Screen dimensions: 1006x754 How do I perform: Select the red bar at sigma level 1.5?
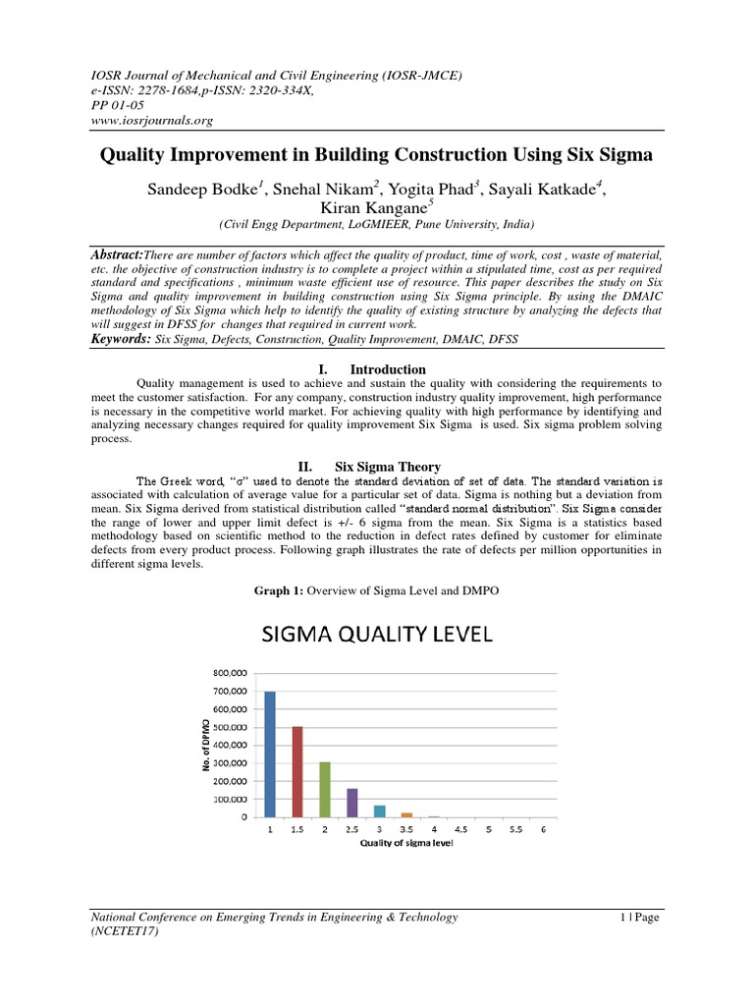click(x=297, y=771)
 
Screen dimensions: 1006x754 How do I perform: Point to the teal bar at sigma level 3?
click(x=380, y=810)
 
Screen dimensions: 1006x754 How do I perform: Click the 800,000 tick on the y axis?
click(x=228, y=673)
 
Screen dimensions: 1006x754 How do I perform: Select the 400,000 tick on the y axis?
click(x=228, y=746)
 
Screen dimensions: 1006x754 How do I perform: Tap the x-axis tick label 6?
click(x=543, y=830)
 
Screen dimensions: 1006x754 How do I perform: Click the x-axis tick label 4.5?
click(x=461, y=830)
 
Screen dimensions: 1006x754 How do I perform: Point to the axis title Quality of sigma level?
click(x=406, y=843)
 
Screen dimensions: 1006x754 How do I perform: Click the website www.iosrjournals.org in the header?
click(x=152, y=121)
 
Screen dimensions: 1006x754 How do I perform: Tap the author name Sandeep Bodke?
click(x=200, y=190)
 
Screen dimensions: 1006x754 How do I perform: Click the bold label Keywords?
click(x=122, y=338)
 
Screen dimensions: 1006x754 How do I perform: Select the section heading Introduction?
click(x=388, y=369)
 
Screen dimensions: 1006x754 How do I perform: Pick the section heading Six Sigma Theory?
click(x=388, y=467)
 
